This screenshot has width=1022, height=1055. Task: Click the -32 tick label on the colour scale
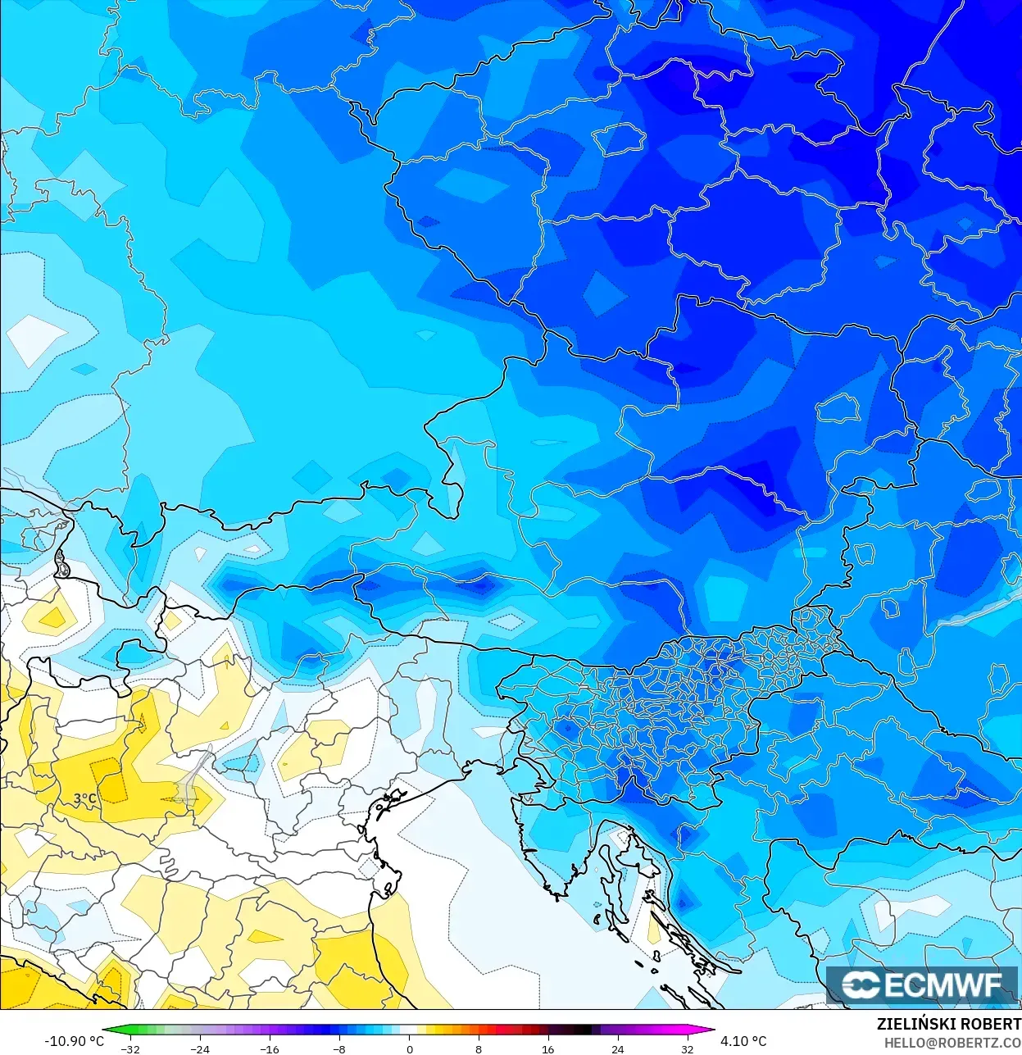(129, 1048)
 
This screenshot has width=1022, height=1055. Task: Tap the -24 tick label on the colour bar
(199, 1048)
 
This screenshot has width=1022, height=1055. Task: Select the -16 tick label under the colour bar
(269, 1048)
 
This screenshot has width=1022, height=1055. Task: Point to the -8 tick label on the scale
(339, 1048)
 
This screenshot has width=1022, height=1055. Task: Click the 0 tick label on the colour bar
(410, 1048)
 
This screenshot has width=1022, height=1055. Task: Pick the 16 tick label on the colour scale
(547, 1048)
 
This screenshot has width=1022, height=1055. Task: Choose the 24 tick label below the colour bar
(617, 1048)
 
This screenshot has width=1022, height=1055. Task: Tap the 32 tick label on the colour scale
(687, 1048)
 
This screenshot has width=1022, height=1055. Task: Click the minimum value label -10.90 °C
(74, 1041)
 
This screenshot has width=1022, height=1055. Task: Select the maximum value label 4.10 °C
(743, 1041)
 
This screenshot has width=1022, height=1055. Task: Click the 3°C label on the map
(85, 798)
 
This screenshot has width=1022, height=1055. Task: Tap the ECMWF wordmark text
(943, 985)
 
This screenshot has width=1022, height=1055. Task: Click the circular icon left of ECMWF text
(861, 985)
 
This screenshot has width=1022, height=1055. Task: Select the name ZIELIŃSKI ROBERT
(948, 1024)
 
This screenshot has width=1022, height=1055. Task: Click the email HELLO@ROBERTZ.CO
(952, 1043)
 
